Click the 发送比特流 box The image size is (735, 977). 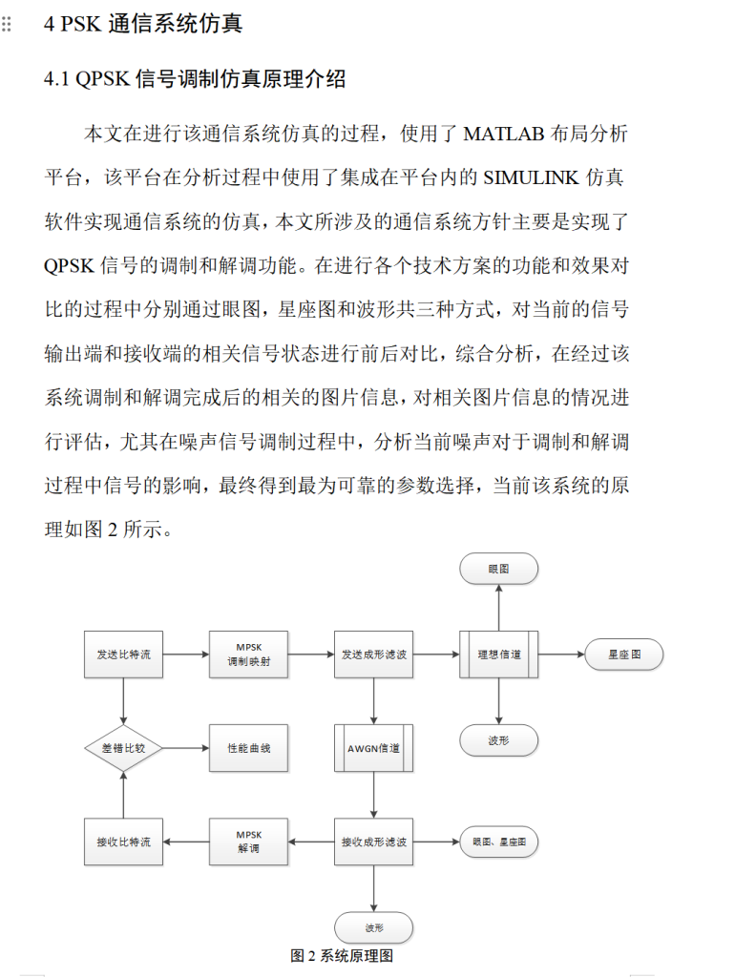point(123,655)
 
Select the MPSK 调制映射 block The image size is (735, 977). point(248,655)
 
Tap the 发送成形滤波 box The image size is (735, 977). point(373,655)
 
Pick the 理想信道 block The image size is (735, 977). point(498,655)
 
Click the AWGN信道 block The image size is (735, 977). point(373,748)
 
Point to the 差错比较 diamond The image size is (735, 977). point(123,748)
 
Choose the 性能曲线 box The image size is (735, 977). point(248,748)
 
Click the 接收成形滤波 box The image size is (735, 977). point(373,842)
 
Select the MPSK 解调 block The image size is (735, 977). point(248,842)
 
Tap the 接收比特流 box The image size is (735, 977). point(123,842)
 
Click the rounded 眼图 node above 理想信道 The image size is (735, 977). point(498,569)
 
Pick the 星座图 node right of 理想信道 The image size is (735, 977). point(623,655)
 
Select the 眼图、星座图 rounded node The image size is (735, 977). point(498,842)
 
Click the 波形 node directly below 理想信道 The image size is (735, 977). point(498,739)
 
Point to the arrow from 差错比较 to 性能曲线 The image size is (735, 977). point(185,748)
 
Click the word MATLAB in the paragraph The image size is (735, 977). point(504,134)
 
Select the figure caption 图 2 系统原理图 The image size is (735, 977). point(342,955)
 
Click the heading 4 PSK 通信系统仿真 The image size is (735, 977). point(143,24)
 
